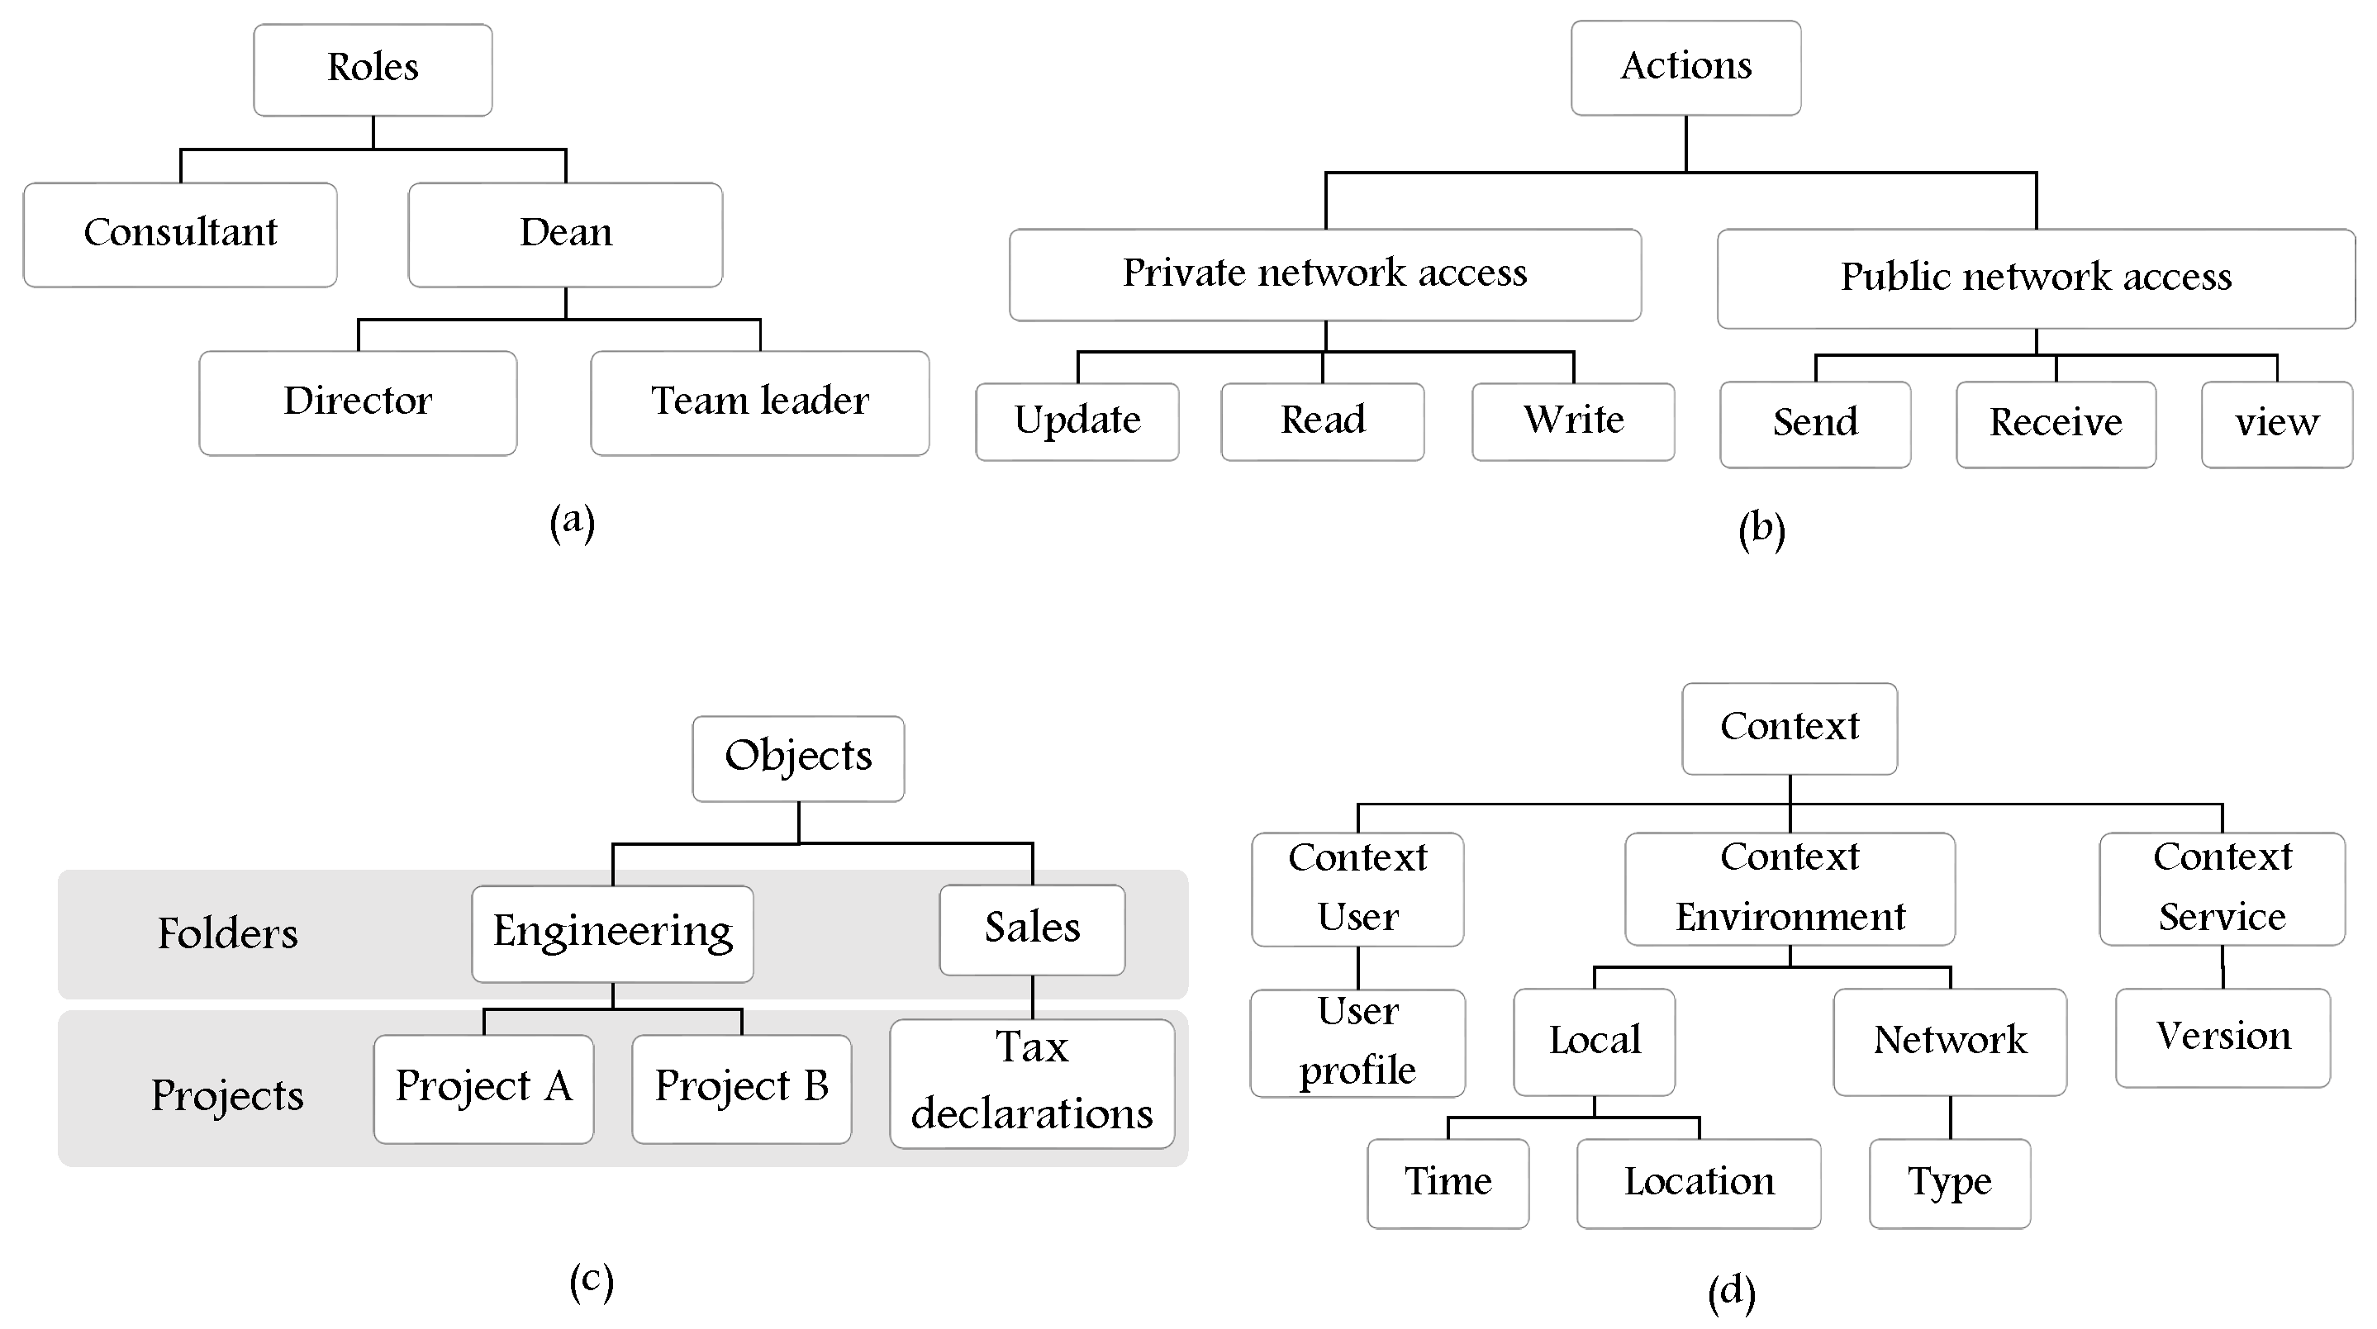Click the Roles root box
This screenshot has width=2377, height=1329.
tap(373, 69)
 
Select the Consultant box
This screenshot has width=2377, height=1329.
tap(180, 235)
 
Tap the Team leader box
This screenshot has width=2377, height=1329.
tap(759, 402)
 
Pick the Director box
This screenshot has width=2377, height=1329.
tap(357, 402)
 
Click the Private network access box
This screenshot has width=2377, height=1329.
tap(1324, 275)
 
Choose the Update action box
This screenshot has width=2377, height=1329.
tap(1077, 421)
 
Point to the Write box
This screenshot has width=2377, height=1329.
tap(1572, 421)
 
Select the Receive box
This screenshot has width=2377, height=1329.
tap(2055, 425)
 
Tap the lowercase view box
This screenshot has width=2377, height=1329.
tap(2275, 425)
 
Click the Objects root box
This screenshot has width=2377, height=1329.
tap(798, 758)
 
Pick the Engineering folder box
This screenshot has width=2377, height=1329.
tap(611, 933)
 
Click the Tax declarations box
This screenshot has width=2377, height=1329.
tap(1032, 1083)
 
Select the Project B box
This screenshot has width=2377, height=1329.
tap(741, 1089)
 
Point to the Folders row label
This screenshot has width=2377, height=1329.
tap(228, 933)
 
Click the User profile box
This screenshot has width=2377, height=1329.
tap(1357, 1042)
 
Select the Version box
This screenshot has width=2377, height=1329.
tap(2222, 1037)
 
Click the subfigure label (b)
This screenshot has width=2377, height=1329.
tap(1761, 529)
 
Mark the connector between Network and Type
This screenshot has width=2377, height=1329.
tap(1950, 1117)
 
